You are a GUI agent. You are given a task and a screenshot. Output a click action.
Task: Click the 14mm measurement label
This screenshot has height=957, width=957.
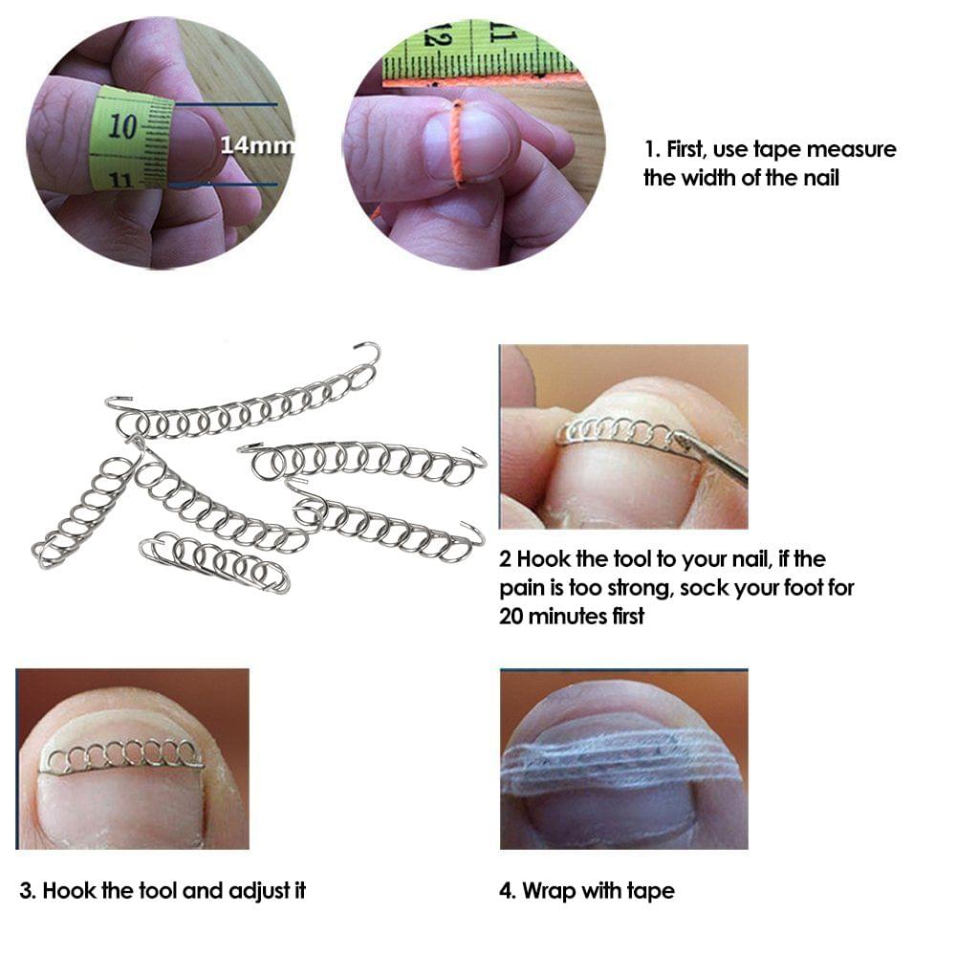point(256,146)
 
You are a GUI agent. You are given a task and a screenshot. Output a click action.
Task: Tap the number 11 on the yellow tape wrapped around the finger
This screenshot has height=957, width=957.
point(120,178)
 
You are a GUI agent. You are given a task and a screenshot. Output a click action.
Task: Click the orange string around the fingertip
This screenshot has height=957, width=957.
point(458,142)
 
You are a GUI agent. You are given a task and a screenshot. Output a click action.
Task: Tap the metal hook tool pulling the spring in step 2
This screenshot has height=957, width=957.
point(712,457)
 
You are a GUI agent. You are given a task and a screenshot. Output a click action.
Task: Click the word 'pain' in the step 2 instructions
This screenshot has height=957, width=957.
point(522,588)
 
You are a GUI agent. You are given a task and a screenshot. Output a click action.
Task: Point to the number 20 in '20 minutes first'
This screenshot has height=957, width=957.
point(512,617)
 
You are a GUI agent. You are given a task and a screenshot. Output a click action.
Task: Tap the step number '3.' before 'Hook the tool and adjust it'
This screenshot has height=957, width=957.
point(28,891)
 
